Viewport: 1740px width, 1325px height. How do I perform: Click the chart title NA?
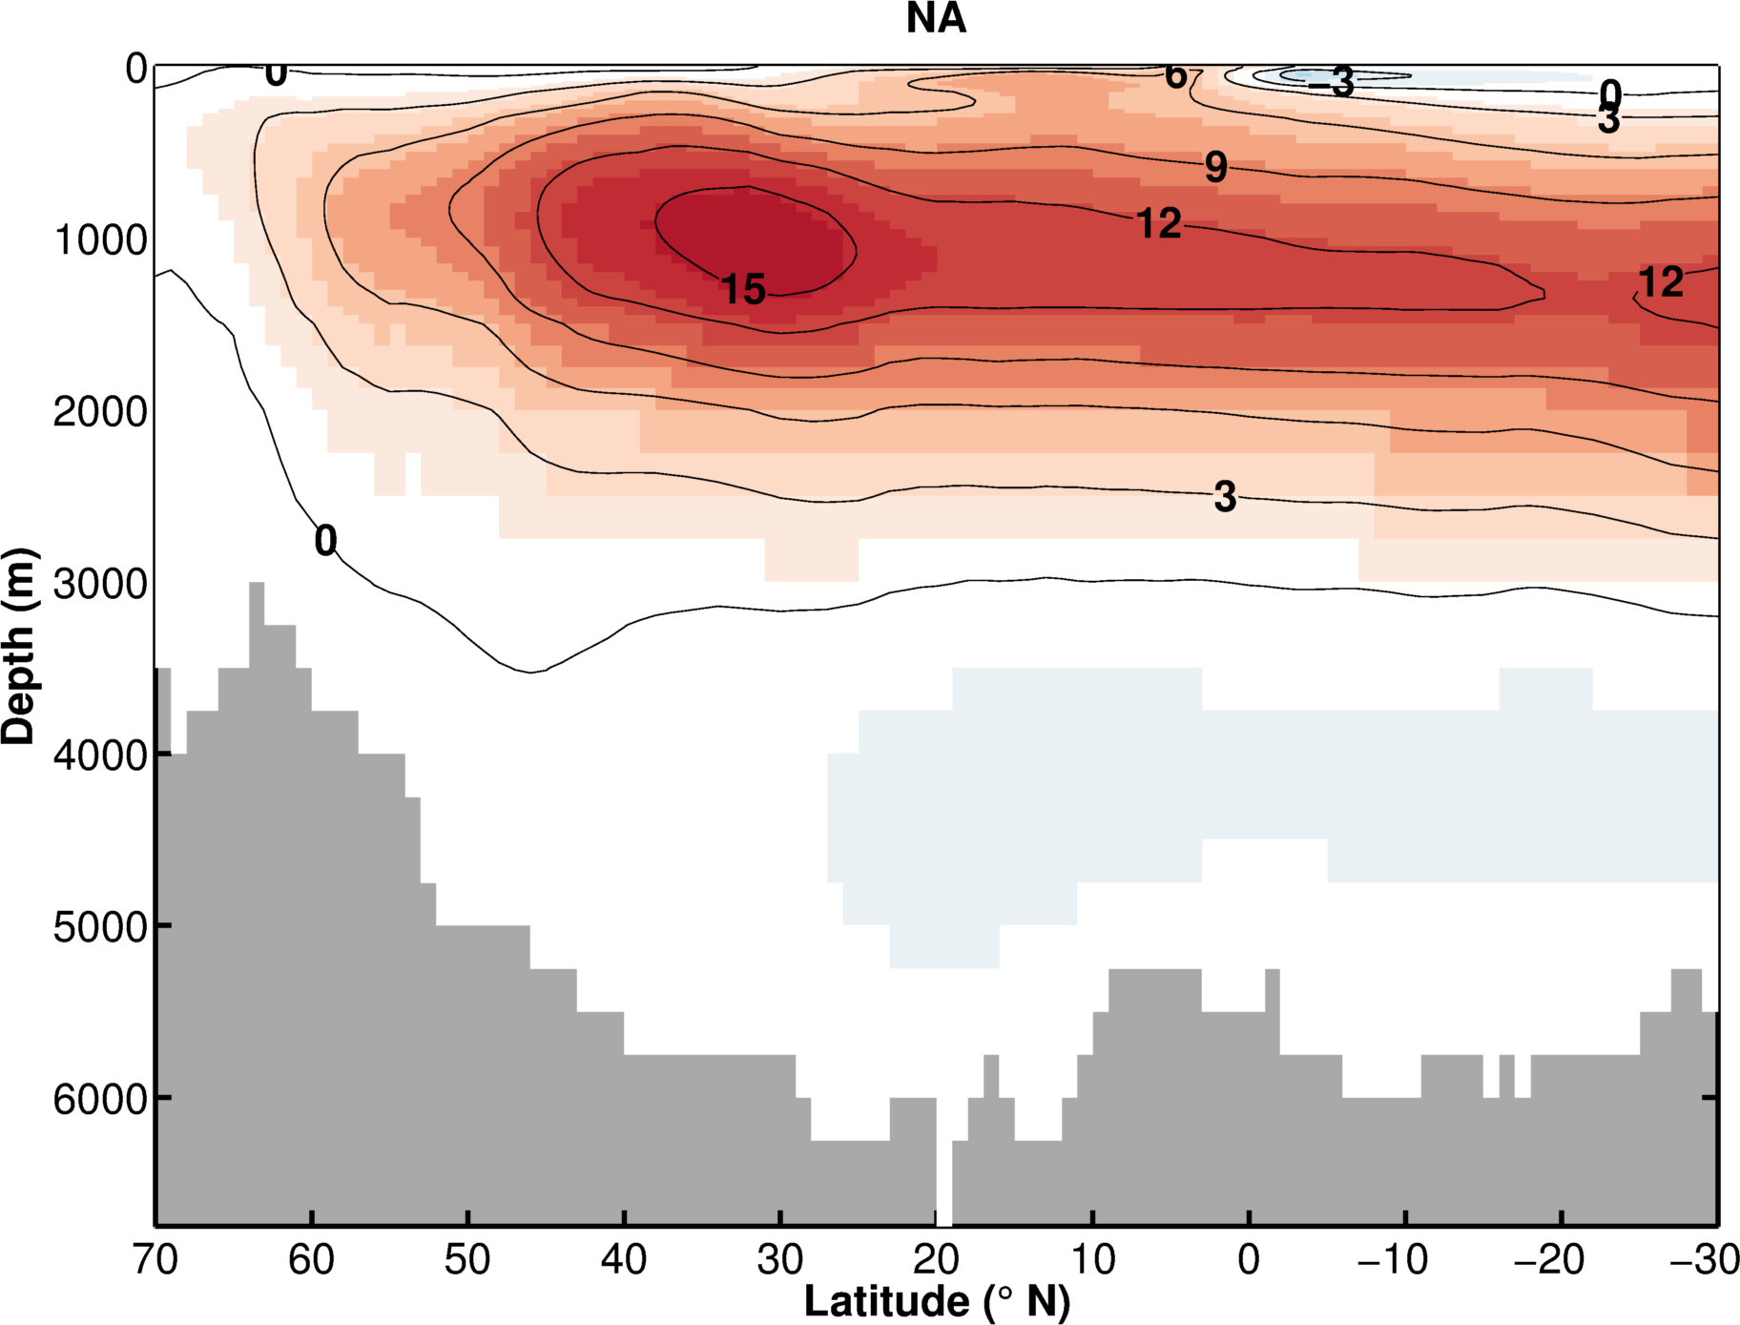936,19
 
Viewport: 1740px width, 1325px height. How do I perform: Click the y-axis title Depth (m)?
19,647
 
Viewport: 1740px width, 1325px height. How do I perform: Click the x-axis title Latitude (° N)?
937,1301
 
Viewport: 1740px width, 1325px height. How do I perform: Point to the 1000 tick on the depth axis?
100,240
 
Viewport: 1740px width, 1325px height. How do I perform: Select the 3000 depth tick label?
100,584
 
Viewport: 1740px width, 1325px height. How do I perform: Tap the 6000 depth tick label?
100,1099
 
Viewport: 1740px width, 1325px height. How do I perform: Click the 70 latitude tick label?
155,1261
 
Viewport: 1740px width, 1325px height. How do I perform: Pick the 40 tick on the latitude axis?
624,1261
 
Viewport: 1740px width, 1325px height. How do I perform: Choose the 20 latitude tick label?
936,1261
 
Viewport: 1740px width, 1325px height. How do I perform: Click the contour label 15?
743,289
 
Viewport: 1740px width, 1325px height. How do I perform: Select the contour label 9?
1215,168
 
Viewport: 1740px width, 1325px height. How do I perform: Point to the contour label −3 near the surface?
1332,83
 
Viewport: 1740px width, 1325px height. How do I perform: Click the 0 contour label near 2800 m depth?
325,541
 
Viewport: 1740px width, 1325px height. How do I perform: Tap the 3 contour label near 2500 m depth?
1225,497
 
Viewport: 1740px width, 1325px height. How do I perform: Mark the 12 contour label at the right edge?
1661,282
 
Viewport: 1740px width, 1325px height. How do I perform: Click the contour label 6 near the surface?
1176,75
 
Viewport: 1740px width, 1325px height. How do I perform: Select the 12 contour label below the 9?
1159,224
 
